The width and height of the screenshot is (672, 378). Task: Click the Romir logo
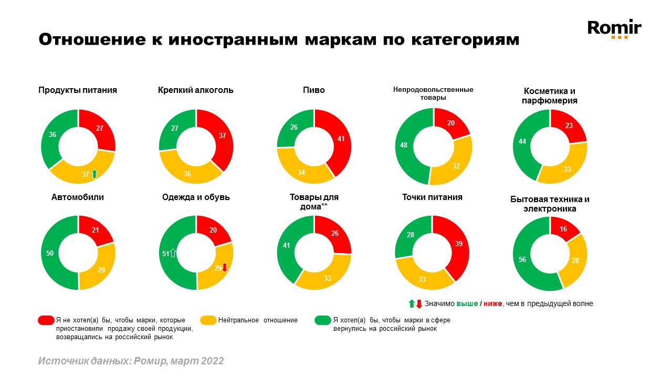614,28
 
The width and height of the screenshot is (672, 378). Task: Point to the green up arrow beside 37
94,174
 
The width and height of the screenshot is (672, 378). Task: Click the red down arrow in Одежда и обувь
225,267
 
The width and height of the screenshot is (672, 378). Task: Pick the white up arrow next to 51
173,254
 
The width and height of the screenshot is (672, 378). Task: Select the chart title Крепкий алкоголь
196,90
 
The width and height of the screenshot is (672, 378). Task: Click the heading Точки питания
432,197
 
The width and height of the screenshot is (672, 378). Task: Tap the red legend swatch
46,320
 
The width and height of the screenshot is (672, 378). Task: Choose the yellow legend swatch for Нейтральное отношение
208,320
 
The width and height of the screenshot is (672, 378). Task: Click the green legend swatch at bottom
322,320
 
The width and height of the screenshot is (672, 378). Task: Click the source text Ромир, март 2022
178,361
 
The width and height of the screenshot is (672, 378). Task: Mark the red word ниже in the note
492,303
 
